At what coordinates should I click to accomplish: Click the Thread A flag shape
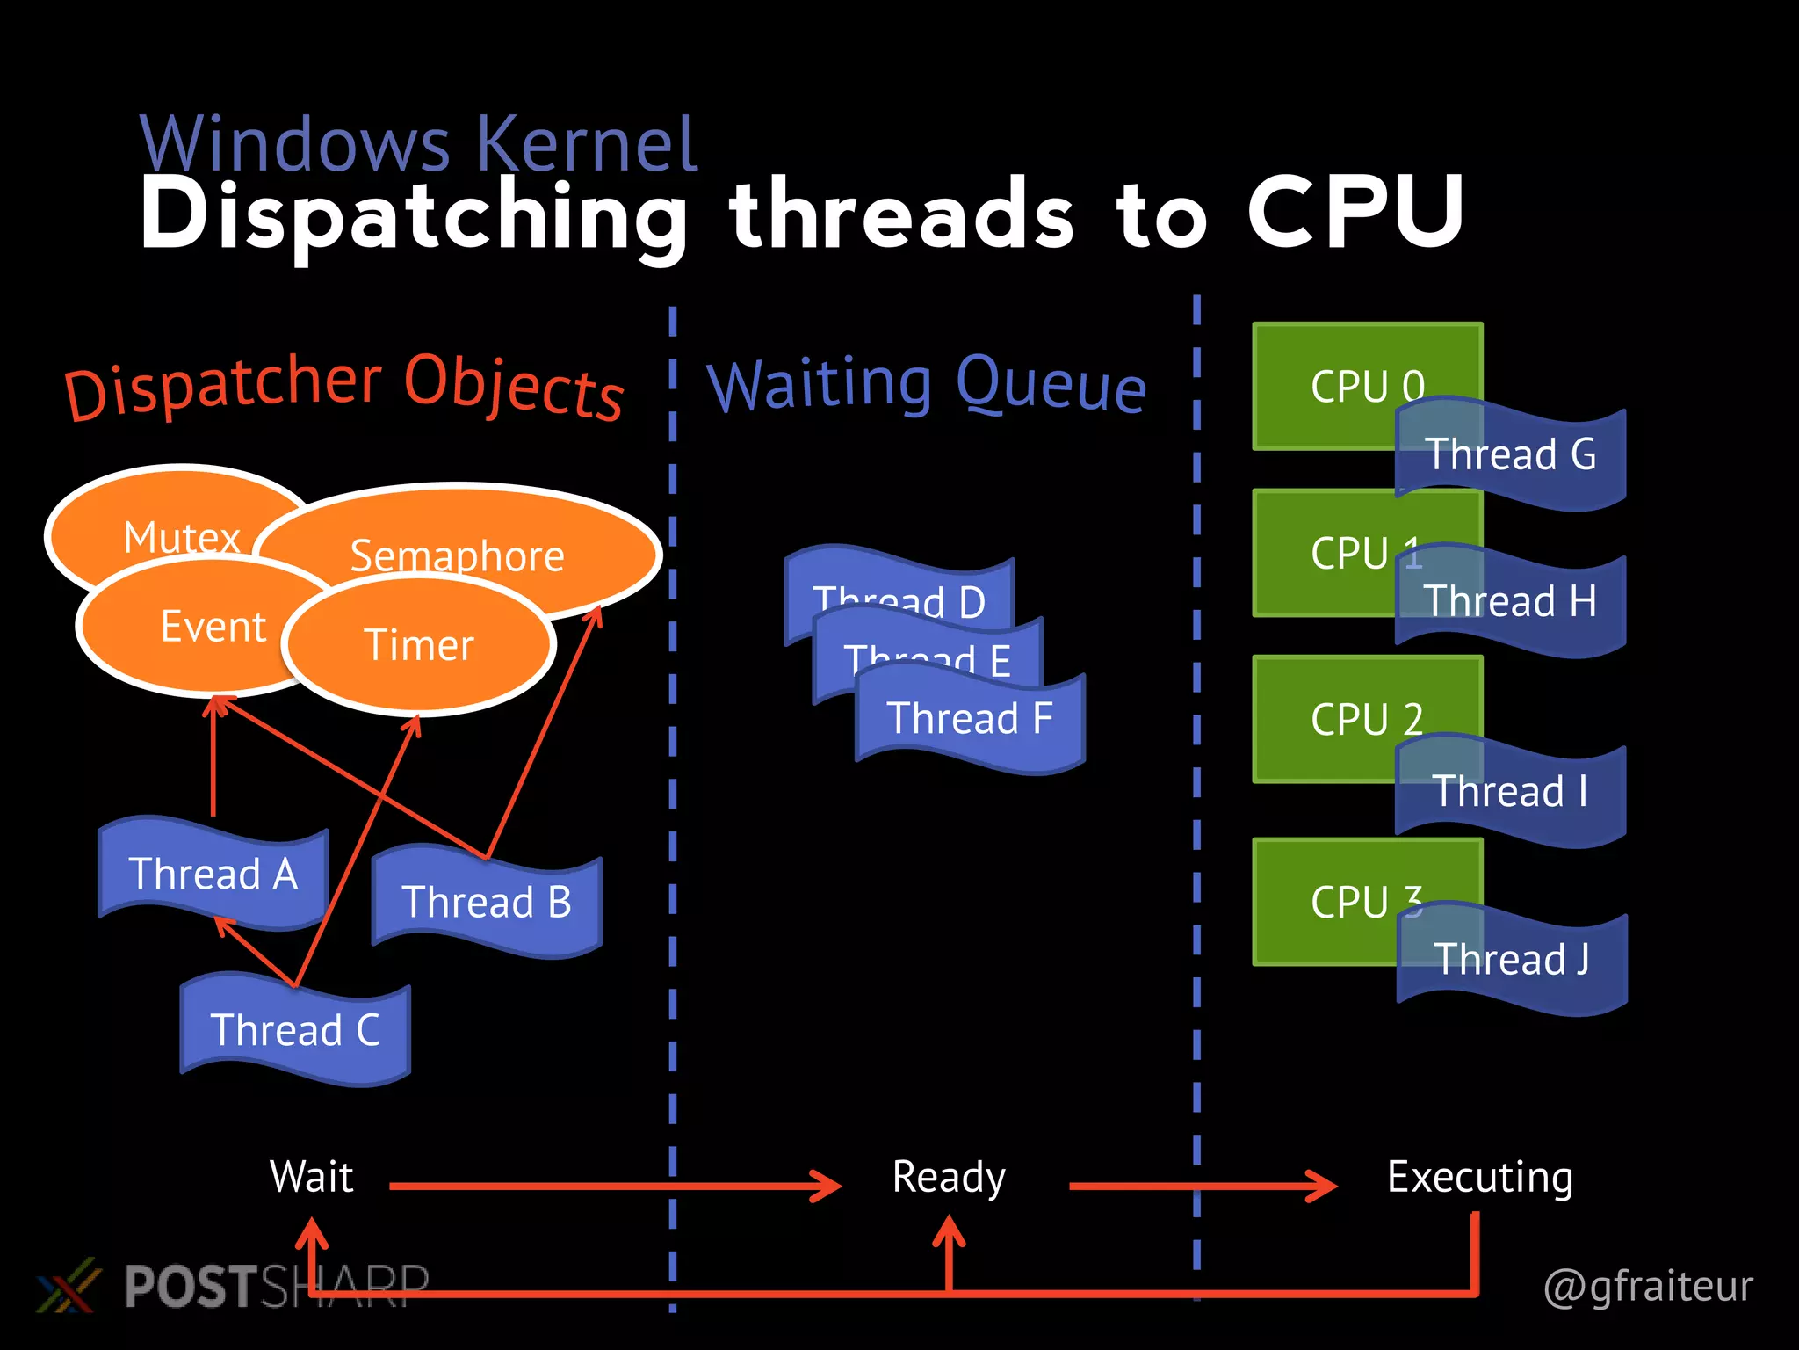coord(213,874)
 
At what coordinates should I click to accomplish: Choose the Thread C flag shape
coord(296,1030)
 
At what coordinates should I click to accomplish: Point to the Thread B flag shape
coord(488,902)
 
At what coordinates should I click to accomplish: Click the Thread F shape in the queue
coord(970,719)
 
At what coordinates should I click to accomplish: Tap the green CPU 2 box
coord(1335,716)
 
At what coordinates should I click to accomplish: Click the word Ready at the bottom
coord(949,1178)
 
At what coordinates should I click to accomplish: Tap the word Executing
coord(1480,1178)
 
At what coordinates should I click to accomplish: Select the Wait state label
coord(312,1178)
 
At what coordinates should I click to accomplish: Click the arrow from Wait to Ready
coord(615,1187)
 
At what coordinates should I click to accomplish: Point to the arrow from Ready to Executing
coord(1203,1187)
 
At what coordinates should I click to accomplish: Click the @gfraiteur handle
coord(1648,1286)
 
